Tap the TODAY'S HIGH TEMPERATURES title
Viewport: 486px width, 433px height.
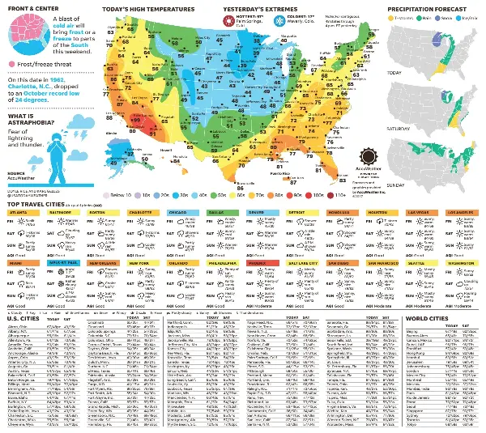(x=148, y=8)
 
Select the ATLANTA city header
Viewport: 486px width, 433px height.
(x=22, y=213)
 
